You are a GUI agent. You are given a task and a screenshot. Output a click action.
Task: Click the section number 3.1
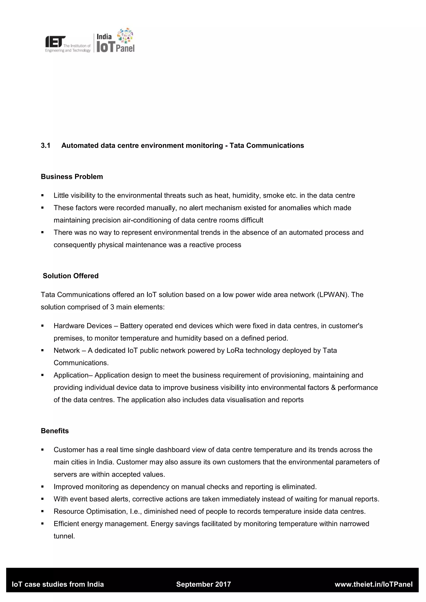point(46,146)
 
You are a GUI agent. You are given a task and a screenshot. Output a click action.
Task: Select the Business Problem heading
point(72,177)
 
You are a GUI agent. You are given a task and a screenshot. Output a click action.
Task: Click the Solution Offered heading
point(71,276)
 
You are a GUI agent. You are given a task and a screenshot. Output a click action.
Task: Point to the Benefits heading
point(54,431)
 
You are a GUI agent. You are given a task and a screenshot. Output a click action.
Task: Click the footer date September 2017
point(204,584)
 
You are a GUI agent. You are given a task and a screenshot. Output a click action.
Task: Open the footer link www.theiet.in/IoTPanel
point(374,584)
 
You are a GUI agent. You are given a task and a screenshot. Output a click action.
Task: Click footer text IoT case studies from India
point(58,584)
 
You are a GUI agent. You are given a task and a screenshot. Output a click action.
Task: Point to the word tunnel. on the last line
point(64,536)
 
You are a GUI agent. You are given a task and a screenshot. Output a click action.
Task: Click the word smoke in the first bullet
point(273,196)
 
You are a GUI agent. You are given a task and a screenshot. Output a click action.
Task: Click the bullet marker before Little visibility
point(42,196)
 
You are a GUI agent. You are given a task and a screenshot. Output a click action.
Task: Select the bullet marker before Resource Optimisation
point(42,512)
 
